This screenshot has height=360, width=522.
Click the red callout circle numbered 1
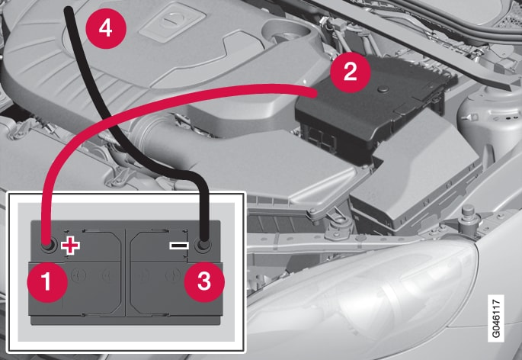pos(47,282)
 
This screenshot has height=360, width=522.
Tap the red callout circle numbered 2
pos(351,72)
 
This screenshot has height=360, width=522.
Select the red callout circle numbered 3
pos(204,282)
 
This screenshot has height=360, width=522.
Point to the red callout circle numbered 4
pos(106,28)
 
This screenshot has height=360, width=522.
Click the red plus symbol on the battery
pos(70,246)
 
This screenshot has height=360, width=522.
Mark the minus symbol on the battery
pos(179,246)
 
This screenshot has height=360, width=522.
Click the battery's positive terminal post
pos(48,246)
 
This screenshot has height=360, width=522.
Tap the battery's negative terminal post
pos(203,246)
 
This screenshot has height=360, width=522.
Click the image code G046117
pos(495,318)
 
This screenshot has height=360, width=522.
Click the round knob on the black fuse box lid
pos(383,89)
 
